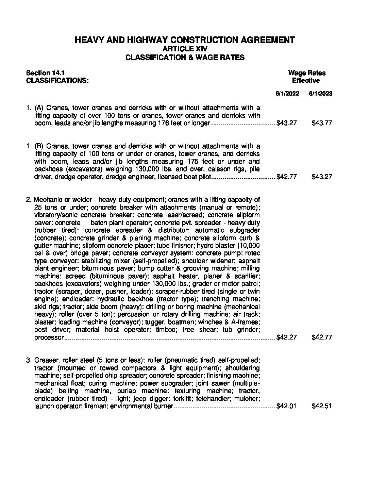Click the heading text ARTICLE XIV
185,49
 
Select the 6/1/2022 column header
287,94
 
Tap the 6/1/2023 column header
321,94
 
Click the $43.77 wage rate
321,123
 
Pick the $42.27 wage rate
287,337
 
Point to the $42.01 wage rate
287,406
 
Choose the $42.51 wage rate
321,406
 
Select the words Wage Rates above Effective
306,73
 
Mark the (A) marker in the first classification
38,108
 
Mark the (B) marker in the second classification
38,146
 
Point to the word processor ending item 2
49,337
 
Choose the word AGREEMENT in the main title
268,40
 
